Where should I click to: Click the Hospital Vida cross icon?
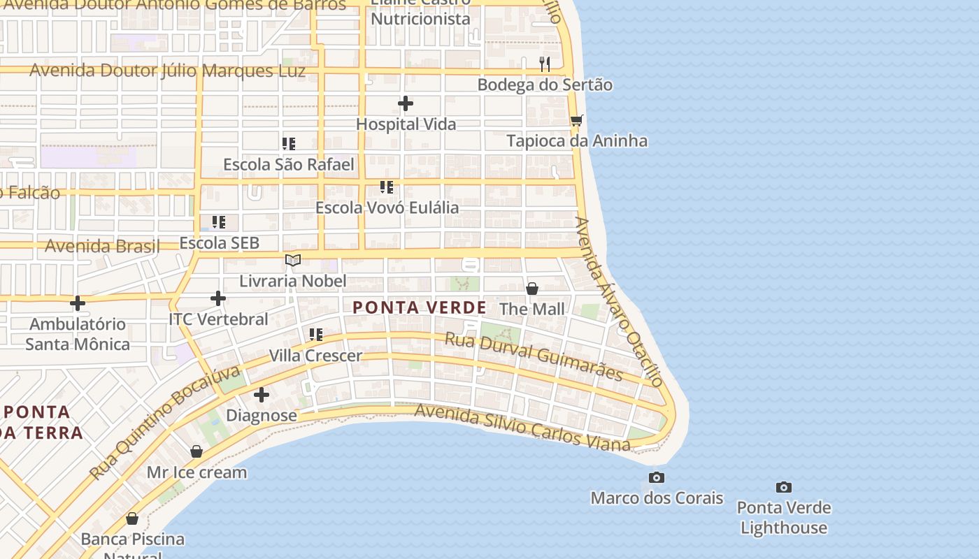[x=406, y=104]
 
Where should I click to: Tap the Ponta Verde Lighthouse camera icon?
[x=784, y=487]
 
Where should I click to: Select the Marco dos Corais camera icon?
[x=657, y=477]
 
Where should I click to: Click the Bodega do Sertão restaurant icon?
[x=545, y=64]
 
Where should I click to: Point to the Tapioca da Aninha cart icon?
[x=577, y=121]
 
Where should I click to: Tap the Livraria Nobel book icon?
[x=293, y=261]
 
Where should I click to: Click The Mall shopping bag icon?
[x=532, y=289]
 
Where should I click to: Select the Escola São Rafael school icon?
[x=289, y=144]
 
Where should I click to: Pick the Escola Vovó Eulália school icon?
[x=387, y=187]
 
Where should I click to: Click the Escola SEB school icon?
[x=219, y=222]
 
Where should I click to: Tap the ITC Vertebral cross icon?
[x=218, y=298]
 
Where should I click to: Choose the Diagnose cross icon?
[x=262, y=395]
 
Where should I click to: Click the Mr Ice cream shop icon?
[x=196, y=451]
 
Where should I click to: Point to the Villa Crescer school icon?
[x=316, y=335]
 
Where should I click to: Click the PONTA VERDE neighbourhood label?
[x=420, y=307]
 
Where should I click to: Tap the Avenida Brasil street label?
[x=102, y=246]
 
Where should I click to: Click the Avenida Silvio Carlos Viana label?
[x=522, y=426]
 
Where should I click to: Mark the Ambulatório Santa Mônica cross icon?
[x=78, y=303]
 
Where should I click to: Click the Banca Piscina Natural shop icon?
[x=132, y=518]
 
